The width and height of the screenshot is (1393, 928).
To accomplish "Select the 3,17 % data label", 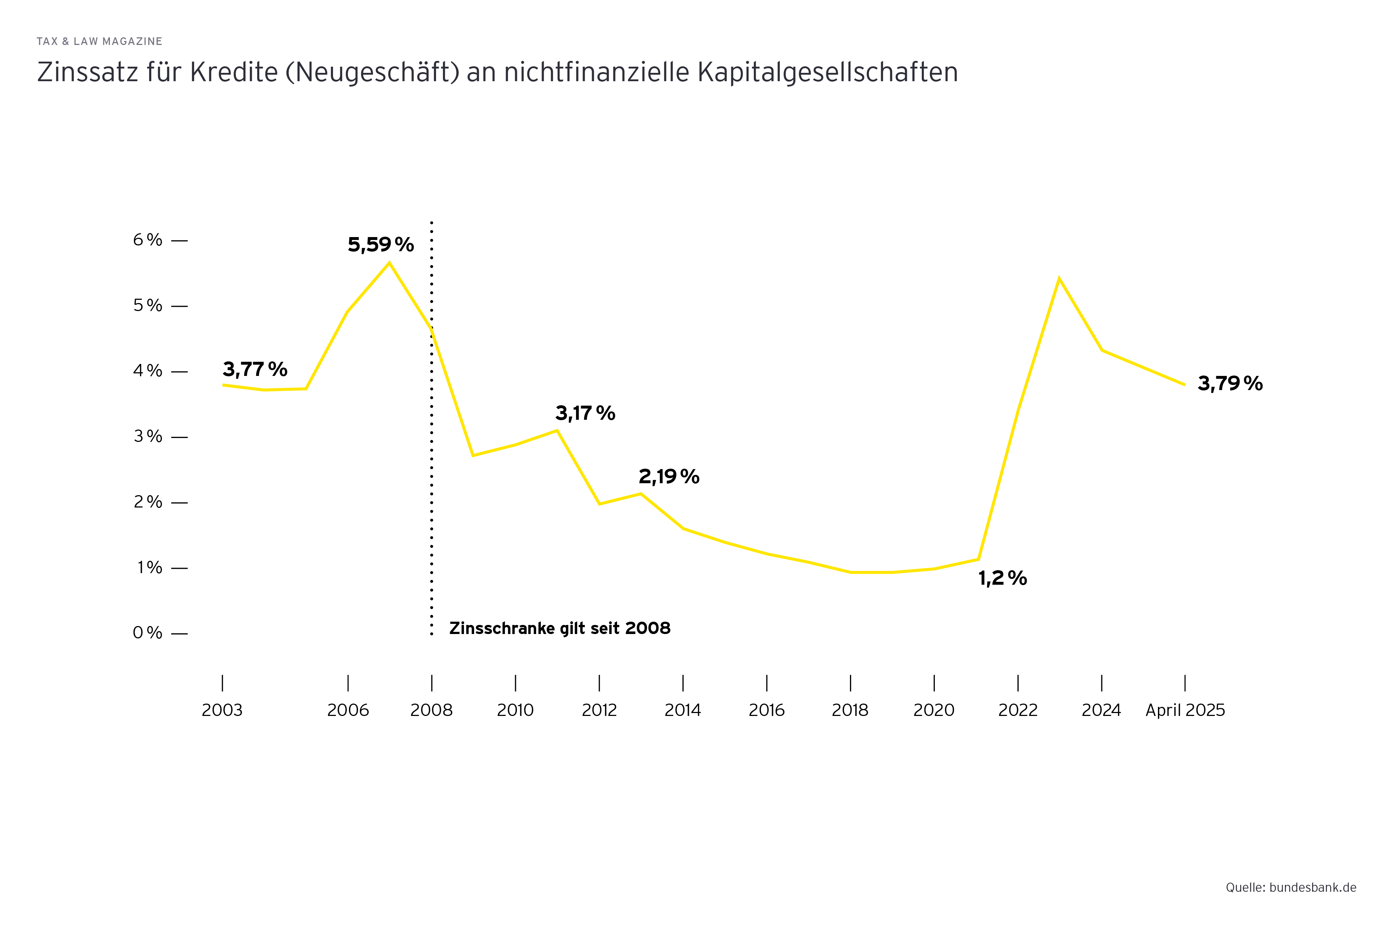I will [585, 413].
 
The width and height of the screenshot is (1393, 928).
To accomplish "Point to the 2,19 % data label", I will [669, 476].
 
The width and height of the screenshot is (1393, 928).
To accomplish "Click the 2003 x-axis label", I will [222, 710].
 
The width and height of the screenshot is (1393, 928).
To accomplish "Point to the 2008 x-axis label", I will [431, 710].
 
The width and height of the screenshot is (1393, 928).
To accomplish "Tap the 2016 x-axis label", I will [767, 710].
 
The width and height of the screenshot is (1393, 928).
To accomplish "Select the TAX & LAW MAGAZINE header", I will [99, 41].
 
